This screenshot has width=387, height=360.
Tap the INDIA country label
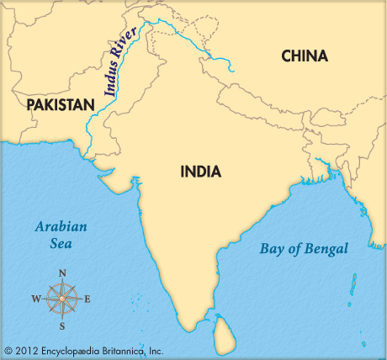click(x=201, y=172)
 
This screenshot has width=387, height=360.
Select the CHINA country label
click(x=305, y=56)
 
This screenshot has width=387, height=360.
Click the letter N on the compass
click(x=62, y=273)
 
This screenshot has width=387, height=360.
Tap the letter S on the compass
click(x=61, y=326)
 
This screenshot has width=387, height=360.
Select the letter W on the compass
click(x=35, y=299)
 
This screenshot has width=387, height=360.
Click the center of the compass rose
click(x=61, y=299)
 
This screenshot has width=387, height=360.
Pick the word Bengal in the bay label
click(x=345, y=248)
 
